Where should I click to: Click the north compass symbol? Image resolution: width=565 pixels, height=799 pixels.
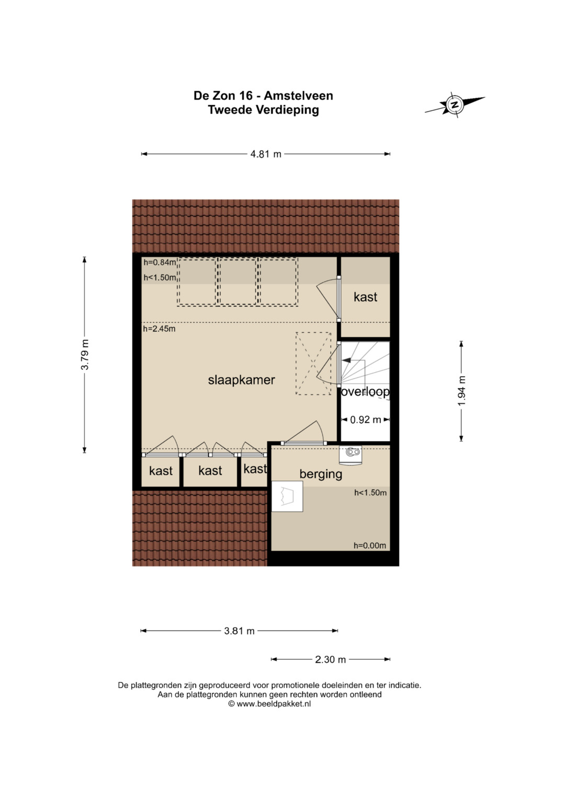click(455, 105)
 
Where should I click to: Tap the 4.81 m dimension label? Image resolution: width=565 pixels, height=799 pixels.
click(266, 154)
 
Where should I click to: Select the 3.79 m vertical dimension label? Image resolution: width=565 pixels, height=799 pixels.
click(85, 355)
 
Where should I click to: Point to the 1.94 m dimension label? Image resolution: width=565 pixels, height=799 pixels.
click(462, 391)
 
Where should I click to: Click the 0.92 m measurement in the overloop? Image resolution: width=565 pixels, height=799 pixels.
click(365, 420)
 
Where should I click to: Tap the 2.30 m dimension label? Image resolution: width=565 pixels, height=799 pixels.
click(330, 659)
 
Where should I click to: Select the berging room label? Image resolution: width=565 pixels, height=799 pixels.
click(321, 475)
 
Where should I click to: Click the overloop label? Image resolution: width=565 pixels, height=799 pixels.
click(365, 392)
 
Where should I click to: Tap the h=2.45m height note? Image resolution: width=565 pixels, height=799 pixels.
click(159, 329)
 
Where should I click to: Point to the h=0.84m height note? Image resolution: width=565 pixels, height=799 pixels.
click(160, 263)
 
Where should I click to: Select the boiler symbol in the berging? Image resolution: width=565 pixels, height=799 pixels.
click(351, 456)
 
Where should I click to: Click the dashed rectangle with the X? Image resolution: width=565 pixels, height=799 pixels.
click(313, 364)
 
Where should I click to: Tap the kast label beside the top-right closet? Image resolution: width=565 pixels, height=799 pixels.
click(365, 297)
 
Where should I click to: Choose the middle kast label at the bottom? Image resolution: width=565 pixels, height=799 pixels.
click(210, 470)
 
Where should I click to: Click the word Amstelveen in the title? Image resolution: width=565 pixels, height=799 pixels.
click(298, 96)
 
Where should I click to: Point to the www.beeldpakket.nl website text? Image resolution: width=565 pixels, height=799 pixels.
click(274, 704)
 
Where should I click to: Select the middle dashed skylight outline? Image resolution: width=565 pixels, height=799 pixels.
click(238, 282)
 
